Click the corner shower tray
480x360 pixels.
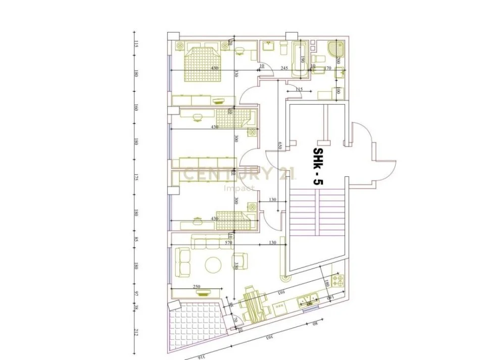coord(336,51)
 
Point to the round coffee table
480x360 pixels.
coord(213,265)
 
